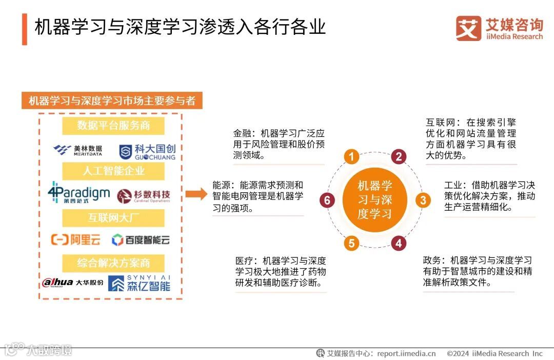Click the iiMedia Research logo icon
(x=468, y=28)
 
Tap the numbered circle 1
(x=351, y=156)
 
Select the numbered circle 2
(x=399, y=156)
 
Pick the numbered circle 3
(x=423, y=200)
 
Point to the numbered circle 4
(x=399, y=243)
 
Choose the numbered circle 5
(x=351, y=243)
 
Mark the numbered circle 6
(x=327, y=200)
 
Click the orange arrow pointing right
(x=194, y=194)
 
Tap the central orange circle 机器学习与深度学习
(x=374, y=200)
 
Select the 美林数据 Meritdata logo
(x=78, y=150)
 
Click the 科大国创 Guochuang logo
(x=147, y=151)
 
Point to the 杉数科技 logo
(x=144, y=195)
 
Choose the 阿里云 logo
(x=75, y=239)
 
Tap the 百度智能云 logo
(x=141, y=239)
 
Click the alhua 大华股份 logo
(x=72, y=282)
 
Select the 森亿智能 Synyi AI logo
(x=139, y=283)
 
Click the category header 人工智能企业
(x=113, y=171)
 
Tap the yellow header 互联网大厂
(x=113, y=218)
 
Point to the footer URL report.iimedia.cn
(x=406, y=353)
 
